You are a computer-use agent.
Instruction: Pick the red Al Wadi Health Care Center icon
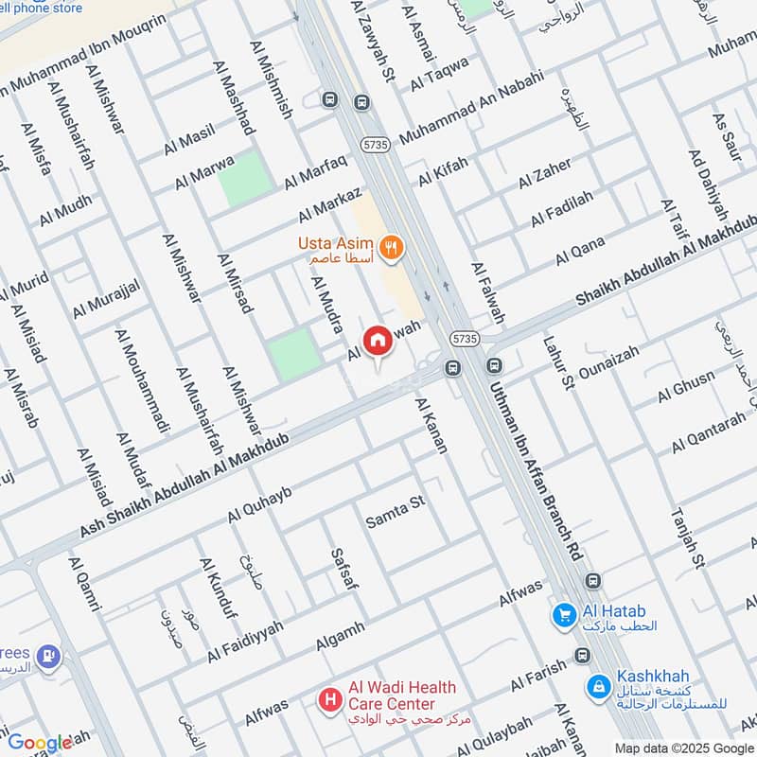click(330, 699)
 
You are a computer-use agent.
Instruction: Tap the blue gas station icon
click(47, 655)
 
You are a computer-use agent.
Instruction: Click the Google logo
click(40, 743)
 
